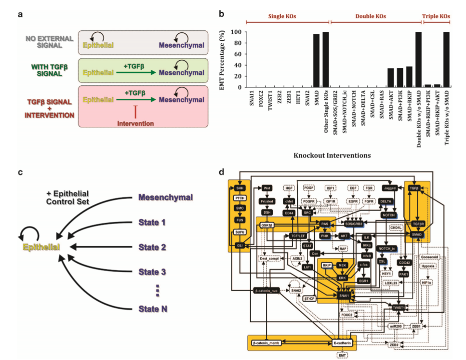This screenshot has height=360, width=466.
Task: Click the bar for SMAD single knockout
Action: pyautogui.click(x=317, y=60)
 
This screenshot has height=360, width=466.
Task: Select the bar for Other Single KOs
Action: pyautogui.click(x=326, y=59)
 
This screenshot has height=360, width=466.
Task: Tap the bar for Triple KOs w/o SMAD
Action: pyautogui.click(x=446, y=59)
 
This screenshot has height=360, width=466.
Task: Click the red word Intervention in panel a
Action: pyautogui.click(x=135, y=124)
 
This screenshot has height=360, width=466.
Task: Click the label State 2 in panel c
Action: pyautogui.click(x=152, y=247)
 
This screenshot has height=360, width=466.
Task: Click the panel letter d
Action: pyautogui.click(x=221, y=172)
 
